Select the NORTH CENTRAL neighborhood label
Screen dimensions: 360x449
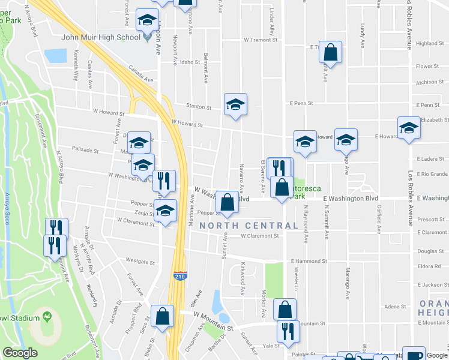(x=249, y=226)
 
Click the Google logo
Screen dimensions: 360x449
(x=20, y=353)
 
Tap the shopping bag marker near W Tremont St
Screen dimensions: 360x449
(x=330, y=52)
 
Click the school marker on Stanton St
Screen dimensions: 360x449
(x=236, y=105)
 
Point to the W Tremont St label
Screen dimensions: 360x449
(x=262, y=40)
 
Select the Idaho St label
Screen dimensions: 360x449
(x=189, y=62)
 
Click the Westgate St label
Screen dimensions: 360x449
(x=140, y=262)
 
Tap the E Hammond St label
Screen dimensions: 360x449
(x=309, y=261)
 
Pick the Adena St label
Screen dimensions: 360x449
(x=395, y=307)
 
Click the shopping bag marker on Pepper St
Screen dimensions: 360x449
(x=227, y=202)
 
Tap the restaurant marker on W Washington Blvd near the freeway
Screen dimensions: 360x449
(x=163, y=180)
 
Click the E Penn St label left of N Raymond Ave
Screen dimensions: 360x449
(x=300, y=103)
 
